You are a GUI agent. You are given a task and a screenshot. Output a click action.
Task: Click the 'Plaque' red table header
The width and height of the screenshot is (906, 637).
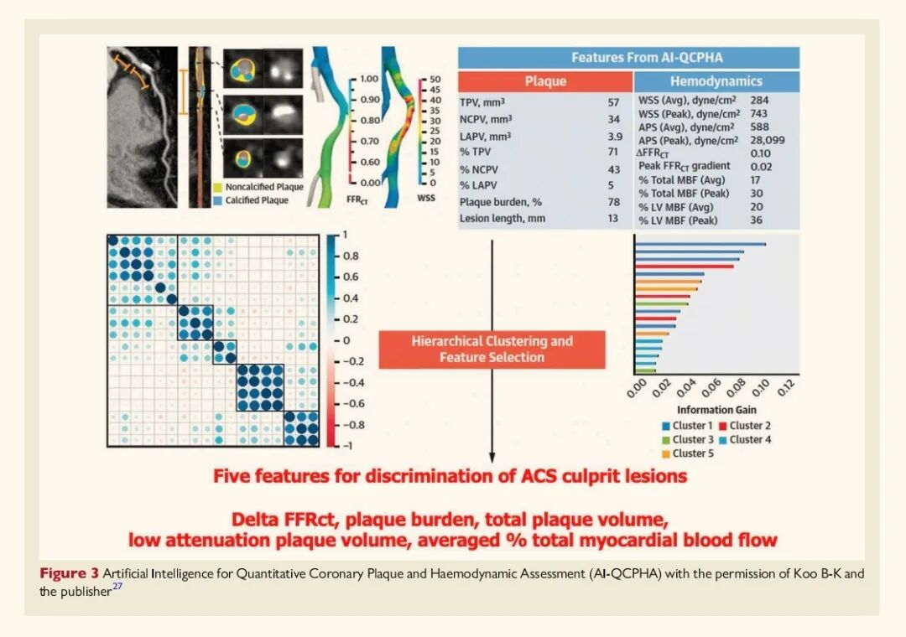545,81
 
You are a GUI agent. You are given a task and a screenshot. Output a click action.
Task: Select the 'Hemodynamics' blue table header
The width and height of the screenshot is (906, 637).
716,81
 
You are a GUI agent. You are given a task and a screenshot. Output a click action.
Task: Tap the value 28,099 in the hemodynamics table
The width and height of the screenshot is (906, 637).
767,140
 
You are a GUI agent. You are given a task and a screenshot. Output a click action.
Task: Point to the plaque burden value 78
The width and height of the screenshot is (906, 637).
614,201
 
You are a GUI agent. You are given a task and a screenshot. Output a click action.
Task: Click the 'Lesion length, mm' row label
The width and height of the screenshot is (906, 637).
502,218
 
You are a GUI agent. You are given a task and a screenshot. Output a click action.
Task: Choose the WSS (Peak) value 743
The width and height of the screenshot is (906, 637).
758,113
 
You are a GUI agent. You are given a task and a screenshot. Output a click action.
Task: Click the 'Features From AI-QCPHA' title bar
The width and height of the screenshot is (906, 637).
628,58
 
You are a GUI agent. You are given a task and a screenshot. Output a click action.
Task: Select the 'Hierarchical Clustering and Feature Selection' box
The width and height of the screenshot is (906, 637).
492,350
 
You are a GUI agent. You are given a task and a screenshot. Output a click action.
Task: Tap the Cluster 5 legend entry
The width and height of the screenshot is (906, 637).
689,453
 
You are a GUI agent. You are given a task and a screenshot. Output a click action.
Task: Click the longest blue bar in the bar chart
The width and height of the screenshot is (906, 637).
700,244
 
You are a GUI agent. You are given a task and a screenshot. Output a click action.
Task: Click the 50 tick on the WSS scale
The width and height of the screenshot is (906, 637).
434,78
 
